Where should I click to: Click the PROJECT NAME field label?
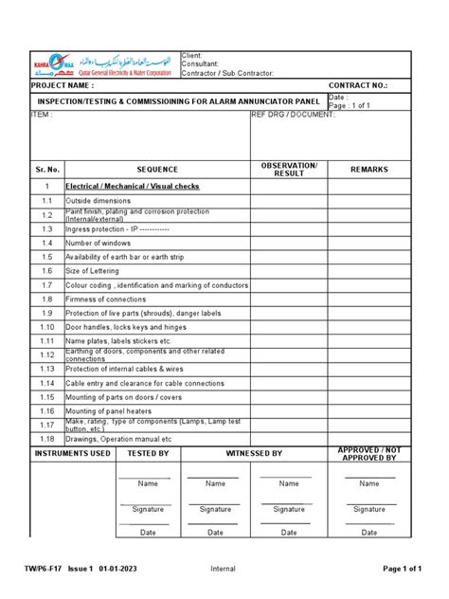click(65, 85)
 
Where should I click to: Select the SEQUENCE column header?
click(156, 169)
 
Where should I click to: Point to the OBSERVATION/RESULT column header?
click(289, 169)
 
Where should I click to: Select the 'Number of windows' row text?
click(99, 243)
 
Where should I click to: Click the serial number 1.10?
click(46, 326)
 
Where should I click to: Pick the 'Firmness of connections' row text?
click(106, 299)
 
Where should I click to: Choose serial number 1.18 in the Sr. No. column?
click(46, 439)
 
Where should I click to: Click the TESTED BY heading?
click(149, 454)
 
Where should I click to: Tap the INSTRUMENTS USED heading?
click(73, 454)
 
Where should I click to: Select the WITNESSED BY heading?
click(253, 454)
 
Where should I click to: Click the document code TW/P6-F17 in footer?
click(45, 568)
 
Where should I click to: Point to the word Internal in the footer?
click(224, 568)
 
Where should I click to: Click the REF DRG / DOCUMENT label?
click(293, 114)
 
